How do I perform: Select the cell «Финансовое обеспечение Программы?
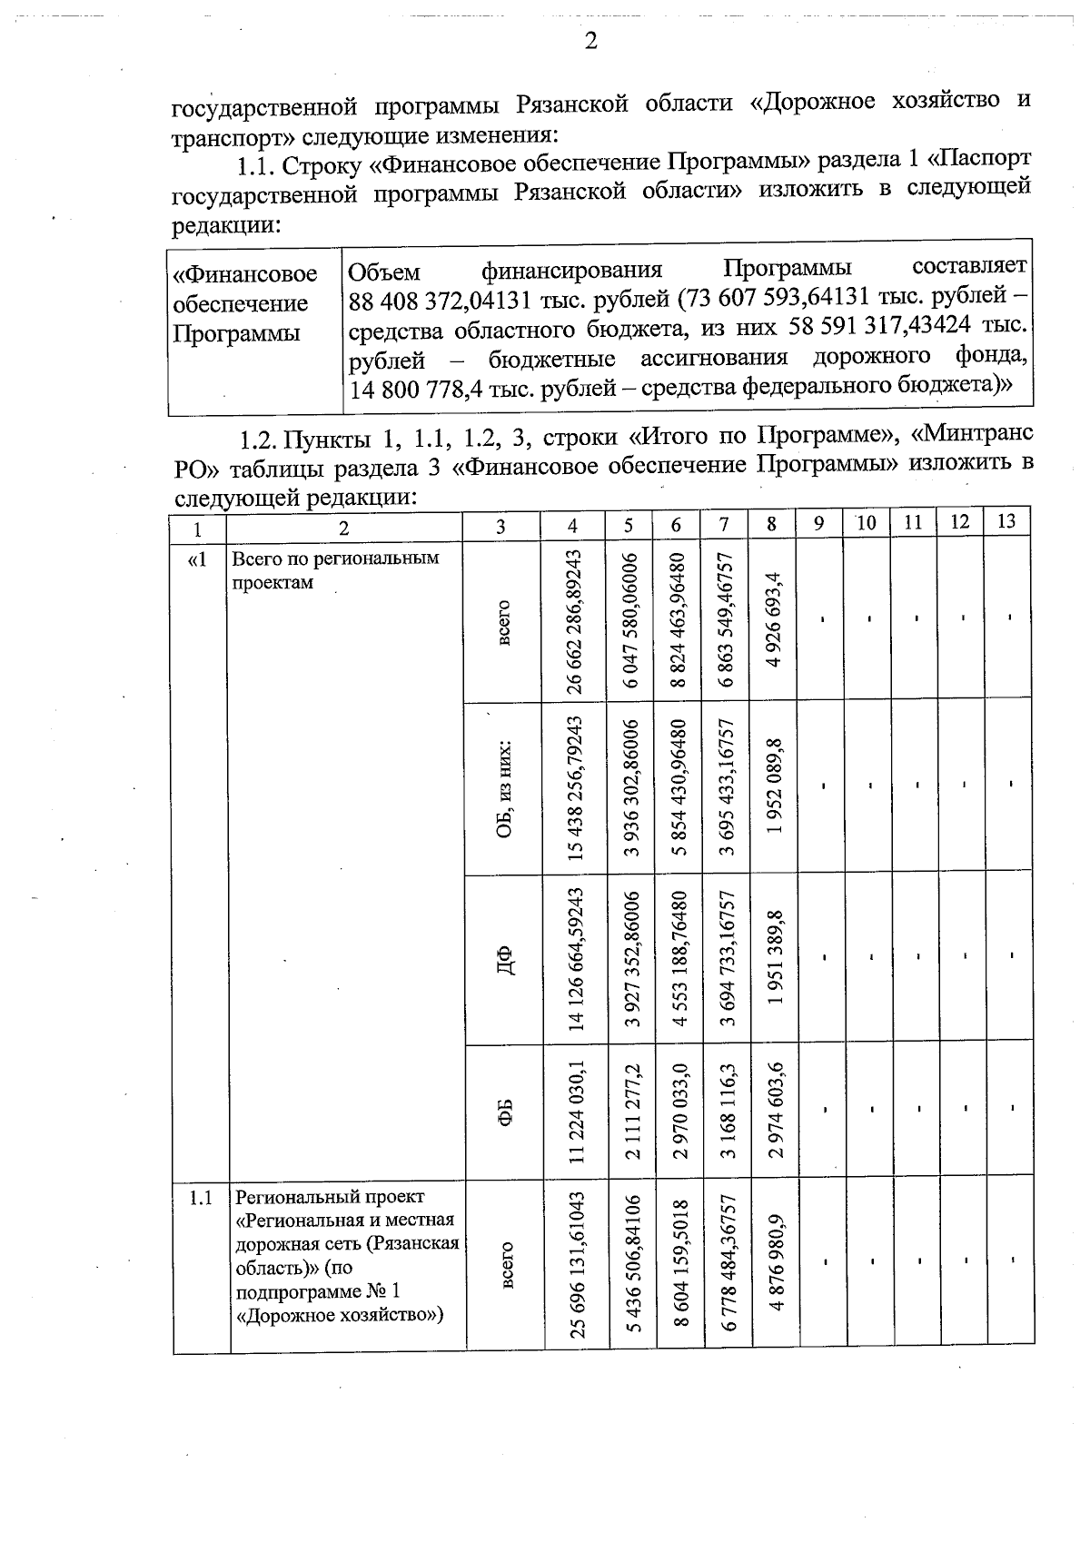(x=245, y=303)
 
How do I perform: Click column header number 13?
(x=1006, y=521)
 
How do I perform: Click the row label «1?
(x=197, y=559)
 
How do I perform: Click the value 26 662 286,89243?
(x=575, y=620)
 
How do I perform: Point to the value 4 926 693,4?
(x=772, y=620)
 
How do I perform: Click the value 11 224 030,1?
(x=575, y=1110)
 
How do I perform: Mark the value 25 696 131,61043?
(x=575, y=1264)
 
